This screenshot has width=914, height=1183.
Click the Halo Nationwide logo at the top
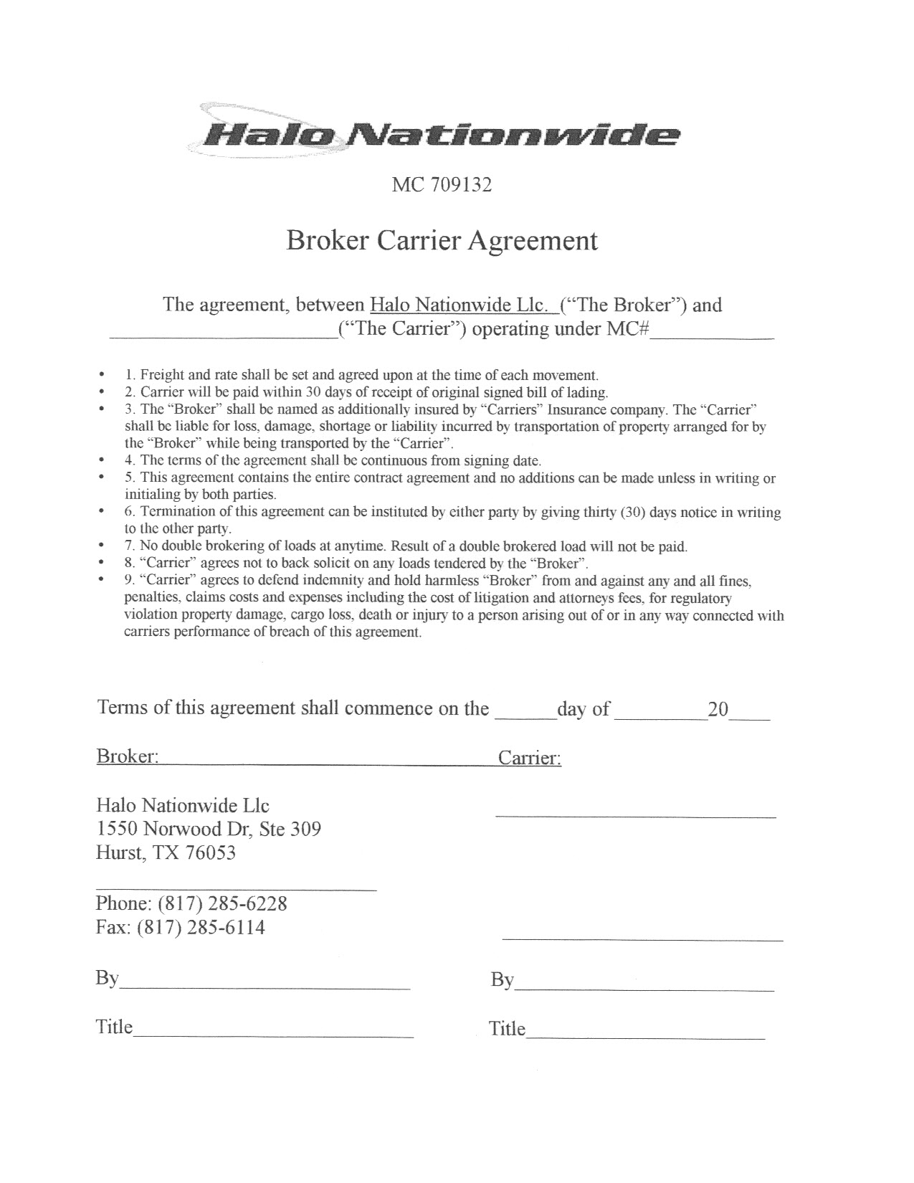[x=437, y=133]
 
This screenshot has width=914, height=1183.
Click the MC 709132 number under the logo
[x=442, y=185]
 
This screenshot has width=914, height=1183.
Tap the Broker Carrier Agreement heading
[x=442, y=240]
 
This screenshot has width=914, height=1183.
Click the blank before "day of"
[x=526, y=713]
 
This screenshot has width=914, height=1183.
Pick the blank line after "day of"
[x=660, y=713]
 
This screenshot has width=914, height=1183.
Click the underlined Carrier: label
[x=530, y=759]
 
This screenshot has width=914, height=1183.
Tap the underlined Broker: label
[x=128, y=756]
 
